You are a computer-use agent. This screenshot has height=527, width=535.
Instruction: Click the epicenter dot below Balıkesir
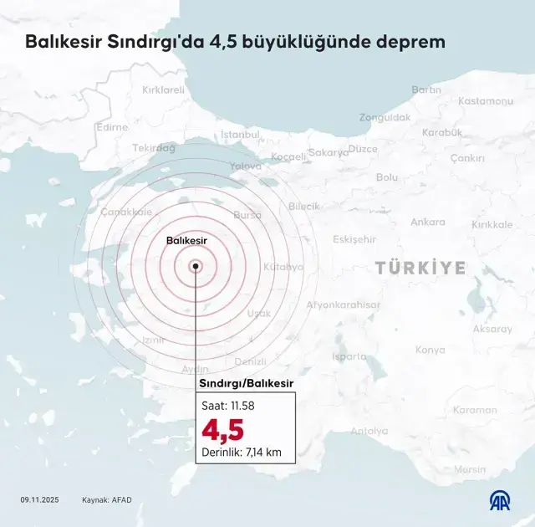coord(196,266)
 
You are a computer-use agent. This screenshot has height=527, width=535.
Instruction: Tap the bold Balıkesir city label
coord(186,240)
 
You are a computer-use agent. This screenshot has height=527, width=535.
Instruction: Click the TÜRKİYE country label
coord(420,268)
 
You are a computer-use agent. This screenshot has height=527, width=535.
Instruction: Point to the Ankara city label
coord(427,223)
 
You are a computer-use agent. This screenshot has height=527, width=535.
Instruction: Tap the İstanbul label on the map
coord(241,134)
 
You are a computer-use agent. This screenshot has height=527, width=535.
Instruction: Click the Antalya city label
coord(369,432)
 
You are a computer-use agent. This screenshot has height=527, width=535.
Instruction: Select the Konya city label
coord(430,350)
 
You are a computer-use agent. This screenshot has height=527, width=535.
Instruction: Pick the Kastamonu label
coord(485,101)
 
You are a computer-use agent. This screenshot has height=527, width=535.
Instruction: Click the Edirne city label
coord(112,127)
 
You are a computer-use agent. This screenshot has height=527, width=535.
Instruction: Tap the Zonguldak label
coord(385,118)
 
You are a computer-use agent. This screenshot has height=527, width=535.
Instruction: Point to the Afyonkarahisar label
coord(343,305)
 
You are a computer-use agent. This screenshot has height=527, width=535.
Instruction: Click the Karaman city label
coord(475,410)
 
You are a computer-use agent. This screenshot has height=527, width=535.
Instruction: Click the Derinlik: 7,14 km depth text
coord(242,453)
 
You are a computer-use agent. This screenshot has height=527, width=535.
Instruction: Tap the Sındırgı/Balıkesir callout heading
coord(246,383)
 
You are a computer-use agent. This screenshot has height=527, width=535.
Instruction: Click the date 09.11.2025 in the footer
coord(41,500)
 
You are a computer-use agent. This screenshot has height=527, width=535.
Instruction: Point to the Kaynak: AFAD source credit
coord(106,500)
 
